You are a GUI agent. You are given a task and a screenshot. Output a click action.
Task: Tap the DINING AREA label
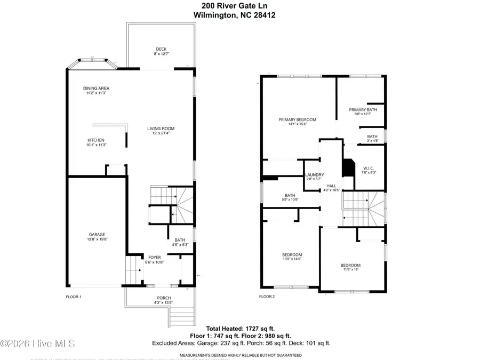pyautogui.click(x=96, y=89)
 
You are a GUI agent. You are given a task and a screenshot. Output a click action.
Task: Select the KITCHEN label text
pyautogui.click(x=96, y=140)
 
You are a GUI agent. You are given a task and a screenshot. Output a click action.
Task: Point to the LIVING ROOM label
pyautogui.click(x=161, y=129)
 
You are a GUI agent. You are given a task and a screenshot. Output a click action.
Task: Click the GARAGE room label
pyautogui.click(x=97, y=234)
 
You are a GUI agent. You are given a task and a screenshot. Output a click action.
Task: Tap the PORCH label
pyautogui.click(x=164, y=298)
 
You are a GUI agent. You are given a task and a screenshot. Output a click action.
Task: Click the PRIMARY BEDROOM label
pyautogui.click(x=297, y=119)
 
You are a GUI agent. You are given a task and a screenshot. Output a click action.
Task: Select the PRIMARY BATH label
pyautogui.click(x=363, y=110)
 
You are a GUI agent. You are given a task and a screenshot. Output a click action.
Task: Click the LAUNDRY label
pyautogui.click(x=315, y=175)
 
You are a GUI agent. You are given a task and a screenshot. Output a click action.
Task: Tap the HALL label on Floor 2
pyautogui.click(x=331, y=185)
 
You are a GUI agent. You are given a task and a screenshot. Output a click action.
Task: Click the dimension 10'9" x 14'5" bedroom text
pyautogui.click(x=292, y=259)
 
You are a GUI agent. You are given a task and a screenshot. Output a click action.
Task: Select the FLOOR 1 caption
pyautogui.click(x=73, y=297)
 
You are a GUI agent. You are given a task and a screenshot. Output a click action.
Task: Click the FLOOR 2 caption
pyautogui.click(x=267, y=297)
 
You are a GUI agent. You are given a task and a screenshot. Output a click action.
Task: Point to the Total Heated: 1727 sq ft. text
pyautogui.click(x=241, y=329)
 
